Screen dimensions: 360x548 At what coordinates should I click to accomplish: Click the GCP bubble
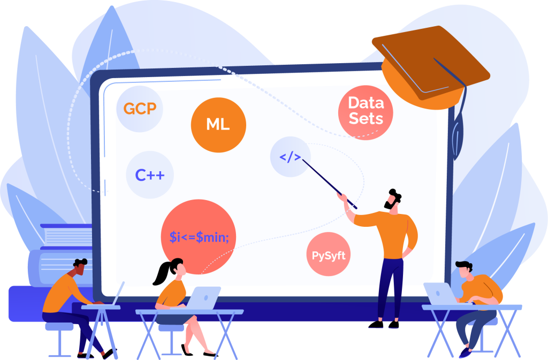(140, 109)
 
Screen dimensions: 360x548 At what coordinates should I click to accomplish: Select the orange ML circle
(218, 125)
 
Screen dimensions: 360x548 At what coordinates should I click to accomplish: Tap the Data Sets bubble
(366, 111)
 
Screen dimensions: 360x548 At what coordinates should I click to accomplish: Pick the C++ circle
(150, 175)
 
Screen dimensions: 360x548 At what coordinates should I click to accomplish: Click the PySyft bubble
(329, 255)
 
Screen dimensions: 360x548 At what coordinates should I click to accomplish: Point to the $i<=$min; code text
(199, 236)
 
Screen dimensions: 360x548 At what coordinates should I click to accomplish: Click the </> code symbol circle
(290, 157)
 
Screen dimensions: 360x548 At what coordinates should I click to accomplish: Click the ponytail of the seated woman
(161, 273)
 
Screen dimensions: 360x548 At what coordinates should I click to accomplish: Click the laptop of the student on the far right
(439, 293)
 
